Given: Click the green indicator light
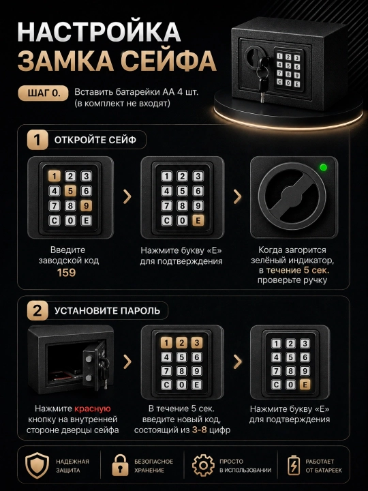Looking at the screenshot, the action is click(x=323, y=168).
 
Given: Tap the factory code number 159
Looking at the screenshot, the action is click(x=66, y=272).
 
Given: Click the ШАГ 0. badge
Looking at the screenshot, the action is click(x=44, y=93).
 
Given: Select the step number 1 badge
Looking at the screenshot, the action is click(x=37, y=140).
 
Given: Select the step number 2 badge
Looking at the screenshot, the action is click(x=37, y=311).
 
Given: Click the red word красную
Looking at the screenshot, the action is click(x=92, y=408).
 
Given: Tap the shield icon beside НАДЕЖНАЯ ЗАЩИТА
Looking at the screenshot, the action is click(x=37, y=465).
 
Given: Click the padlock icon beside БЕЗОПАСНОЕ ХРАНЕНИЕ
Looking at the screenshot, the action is click(x=121, y=465).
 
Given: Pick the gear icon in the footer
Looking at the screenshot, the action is click(x=203, y=466).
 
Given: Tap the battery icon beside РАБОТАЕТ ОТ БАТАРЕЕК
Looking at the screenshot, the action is click(x=294, y=466).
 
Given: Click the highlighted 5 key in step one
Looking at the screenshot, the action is click(x=70, y=191).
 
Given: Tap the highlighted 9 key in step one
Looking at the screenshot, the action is click(x=86, y=206).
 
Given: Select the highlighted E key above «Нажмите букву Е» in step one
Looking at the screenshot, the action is click(x=198, y=220).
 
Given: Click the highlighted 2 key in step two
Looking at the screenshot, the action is click(x=181, y=343).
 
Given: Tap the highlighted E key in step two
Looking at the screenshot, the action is click(x=305, y=384).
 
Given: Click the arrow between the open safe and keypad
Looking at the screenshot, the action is click(x=127, y=361).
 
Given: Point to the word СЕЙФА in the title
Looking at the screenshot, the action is click(x=168, y=61).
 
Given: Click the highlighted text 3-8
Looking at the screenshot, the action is click(x=200, y=430).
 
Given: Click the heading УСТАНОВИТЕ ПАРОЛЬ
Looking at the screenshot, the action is click(x=108, y=311).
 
